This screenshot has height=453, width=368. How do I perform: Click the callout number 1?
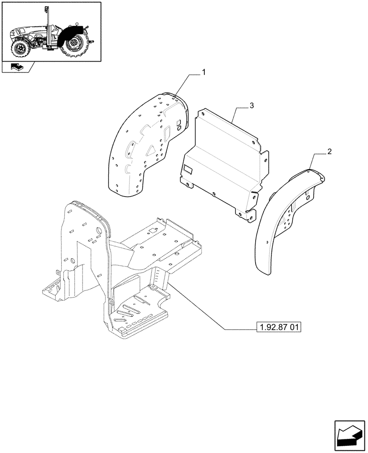tap(204, 72)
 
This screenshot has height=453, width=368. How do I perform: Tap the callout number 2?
tap(329, 151)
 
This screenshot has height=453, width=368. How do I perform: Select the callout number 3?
tap(252, 106)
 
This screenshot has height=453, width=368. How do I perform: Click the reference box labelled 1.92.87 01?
tap(279, 328)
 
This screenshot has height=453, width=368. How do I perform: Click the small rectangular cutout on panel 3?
tap(188, 171)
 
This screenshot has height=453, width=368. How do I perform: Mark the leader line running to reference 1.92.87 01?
tap(204, 308)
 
